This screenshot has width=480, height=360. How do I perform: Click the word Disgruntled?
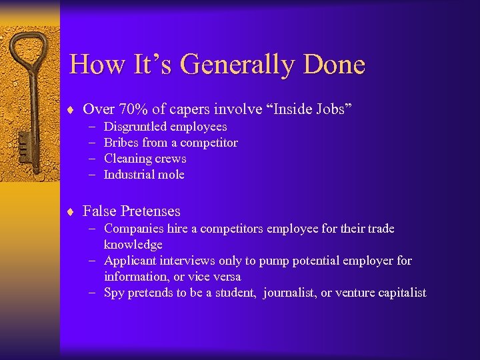tap(135, 127)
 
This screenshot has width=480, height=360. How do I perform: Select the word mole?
tap(171, 175)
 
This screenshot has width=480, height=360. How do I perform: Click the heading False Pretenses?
tap(131, 211)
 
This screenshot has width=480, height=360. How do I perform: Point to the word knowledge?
tap(133, 245)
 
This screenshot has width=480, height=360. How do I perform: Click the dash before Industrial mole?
tap(90, 175)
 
